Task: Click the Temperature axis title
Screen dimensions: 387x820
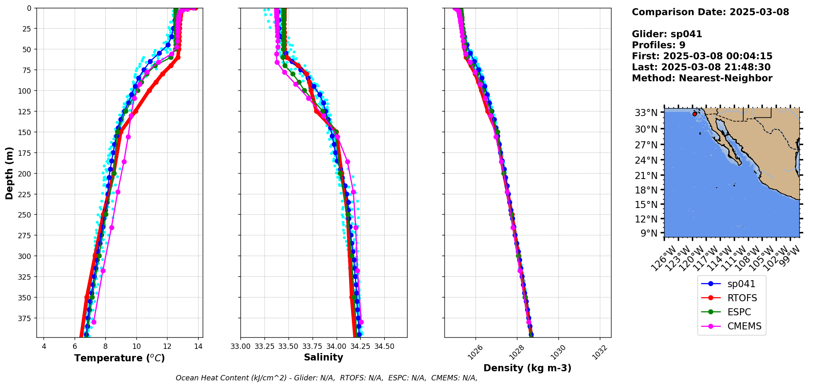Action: [x=119, y=358]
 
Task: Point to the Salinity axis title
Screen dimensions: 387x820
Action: [x=323, y=357]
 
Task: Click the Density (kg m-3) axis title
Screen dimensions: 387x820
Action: [x=527, y=368]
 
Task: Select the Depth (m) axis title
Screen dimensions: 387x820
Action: [x=9, y=173]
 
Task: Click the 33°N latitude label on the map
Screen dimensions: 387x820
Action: [x=646, y=113]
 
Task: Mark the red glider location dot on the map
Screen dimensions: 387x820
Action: [x=695, y=114]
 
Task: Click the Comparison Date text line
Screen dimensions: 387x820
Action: [x=710, y=12]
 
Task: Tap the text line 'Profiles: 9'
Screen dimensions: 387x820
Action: [x=658, y=45]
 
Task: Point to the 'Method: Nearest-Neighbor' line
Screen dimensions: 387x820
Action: [x=702, y=78]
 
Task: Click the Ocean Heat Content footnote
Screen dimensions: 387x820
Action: [x=326, y=378]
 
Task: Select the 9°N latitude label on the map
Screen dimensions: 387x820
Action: [x=649, y=233]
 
